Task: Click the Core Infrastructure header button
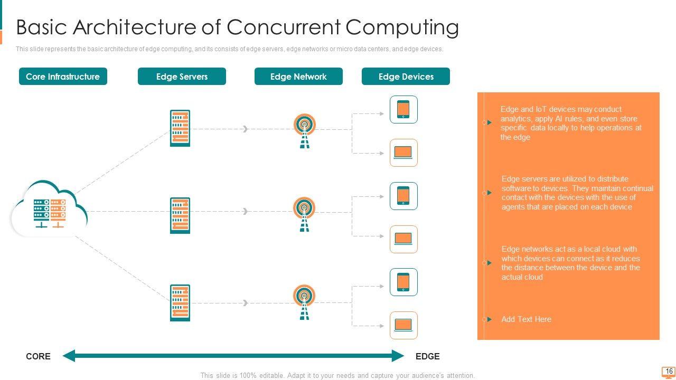tap(63, 77)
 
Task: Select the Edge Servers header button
tap(182, 77)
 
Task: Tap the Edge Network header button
tap(298, 77)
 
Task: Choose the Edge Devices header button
tap(406, 77)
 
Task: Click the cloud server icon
tap(49, 208)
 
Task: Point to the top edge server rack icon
tap(180, 128)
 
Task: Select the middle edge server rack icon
tap(180, 215)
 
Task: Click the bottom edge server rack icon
tap(180, 303)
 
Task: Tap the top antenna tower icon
tap(305, 131)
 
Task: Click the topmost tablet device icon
tap(403, 109)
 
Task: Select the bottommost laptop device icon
tap(403, 326)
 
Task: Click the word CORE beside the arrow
tap(38, 356)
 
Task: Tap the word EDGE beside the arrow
tap(427, 356)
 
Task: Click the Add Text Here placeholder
tap(527, 319)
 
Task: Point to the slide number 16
tap(669, 371)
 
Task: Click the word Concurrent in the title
tap(284, 27)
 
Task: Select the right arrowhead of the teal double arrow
tap(398, 356)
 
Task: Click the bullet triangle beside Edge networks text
tap(489, 263)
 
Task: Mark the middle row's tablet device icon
tap(403, 196)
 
